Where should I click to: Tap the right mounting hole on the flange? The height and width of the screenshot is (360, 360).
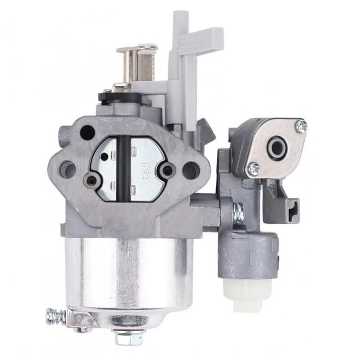[190, 169]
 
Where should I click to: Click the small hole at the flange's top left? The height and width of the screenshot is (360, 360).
[87, 132]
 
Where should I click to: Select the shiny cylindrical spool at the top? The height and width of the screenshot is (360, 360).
[136, 62]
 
